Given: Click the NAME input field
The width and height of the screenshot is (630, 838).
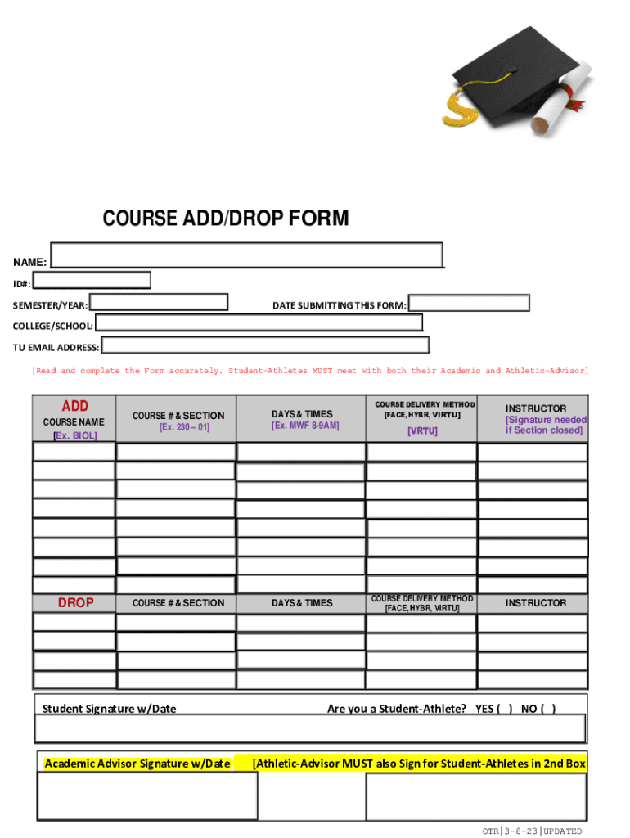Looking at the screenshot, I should click(x=246, y=255).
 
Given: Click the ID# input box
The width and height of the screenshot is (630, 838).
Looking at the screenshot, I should click(x=92, y=281).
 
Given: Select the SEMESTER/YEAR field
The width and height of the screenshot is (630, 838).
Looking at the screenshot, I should click(x=158, y=302).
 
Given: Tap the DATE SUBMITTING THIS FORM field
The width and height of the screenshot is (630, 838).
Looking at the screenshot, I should click(x=469, y=303).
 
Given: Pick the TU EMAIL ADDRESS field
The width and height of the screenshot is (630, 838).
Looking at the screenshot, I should click(x=264, y=345).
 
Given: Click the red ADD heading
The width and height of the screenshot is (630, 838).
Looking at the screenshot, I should click(x=75, y=406).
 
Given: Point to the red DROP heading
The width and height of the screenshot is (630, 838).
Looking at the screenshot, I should click(x=75, y=603).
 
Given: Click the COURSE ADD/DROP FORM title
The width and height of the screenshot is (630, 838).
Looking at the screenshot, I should click(x=225, y=219).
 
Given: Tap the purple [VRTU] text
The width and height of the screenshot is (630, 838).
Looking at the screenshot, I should click(x=422, y=431).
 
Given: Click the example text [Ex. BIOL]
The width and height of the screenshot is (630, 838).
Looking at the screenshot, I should click(x=74, y=435).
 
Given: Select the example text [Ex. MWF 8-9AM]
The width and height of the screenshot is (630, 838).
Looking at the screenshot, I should click(x=304, y=426).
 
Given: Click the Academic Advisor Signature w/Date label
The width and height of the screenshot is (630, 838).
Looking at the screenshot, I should click(x=137, y=764).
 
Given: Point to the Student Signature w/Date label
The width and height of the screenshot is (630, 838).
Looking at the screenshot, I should click(x=109, y=709).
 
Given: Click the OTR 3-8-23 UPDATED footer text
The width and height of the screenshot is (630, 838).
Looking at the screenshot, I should click(x=532, y=831).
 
